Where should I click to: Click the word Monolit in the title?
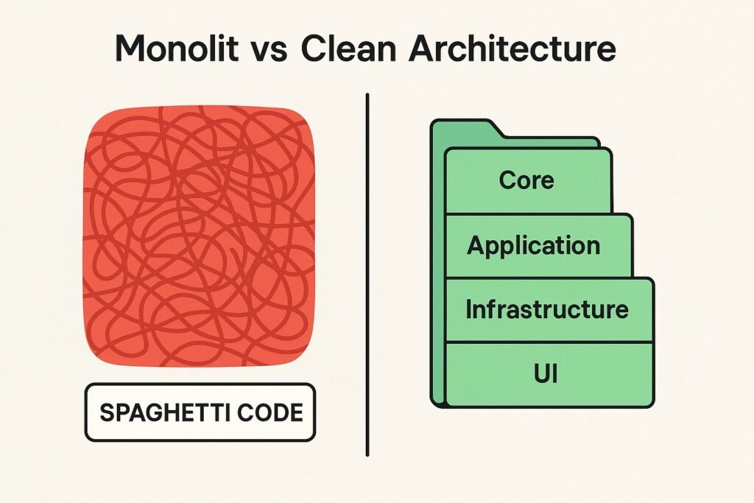coord(177,48)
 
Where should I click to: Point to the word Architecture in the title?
coord(512,48)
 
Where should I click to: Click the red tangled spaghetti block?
coord(200,236)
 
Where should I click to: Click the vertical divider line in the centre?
coord(367,275)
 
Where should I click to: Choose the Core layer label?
coord(526,180)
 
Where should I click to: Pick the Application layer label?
coord(534,246)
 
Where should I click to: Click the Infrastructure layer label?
coord(547,309)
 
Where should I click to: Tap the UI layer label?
coord(546,373)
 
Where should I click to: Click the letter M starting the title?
coord(132,48)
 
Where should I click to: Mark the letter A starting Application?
coord(476,245)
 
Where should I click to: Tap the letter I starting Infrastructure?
coord(468,309)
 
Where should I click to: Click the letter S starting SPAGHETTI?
coord(106,412)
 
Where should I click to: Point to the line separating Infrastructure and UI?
coord(549,342)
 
